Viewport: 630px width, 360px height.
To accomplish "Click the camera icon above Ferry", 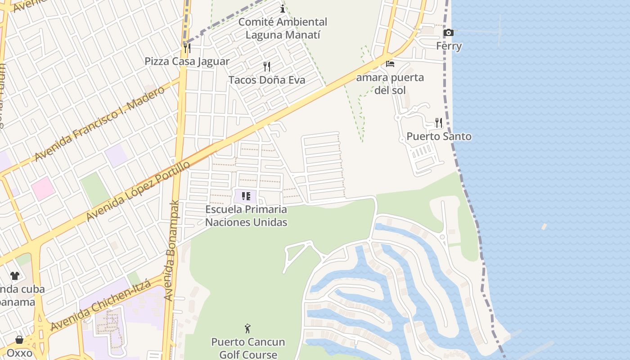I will [448, 32].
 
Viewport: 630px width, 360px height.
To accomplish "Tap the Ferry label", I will [449, 46].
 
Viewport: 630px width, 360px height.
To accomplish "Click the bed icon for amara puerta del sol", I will [390, 64].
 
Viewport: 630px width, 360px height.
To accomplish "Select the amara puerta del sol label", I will [390, 84].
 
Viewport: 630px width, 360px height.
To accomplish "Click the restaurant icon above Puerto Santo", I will [439, 122].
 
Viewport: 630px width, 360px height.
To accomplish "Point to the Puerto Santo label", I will [439, 136].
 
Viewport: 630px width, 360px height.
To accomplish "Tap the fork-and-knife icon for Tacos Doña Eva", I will [267, 67].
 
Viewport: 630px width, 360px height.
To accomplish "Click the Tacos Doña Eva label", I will [267, 80].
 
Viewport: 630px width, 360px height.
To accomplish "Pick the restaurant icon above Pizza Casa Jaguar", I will [187, 48].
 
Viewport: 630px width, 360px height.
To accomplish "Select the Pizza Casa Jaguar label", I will [187, 61].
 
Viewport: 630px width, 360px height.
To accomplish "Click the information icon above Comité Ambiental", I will [283, 9].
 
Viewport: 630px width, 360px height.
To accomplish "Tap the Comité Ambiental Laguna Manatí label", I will [283, 28].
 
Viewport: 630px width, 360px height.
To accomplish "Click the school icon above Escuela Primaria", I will [246, 196].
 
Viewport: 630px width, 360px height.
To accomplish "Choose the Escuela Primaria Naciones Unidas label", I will [246, 216].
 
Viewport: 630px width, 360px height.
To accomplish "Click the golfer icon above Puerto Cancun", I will [247, 328].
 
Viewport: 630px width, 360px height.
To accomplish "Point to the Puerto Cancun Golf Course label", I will [248, 348].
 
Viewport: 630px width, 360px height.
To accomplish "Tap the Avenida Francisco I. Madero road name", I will [100, 124].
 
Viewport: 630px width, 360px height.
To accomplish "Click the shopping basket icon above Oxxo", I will [19, 339].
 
